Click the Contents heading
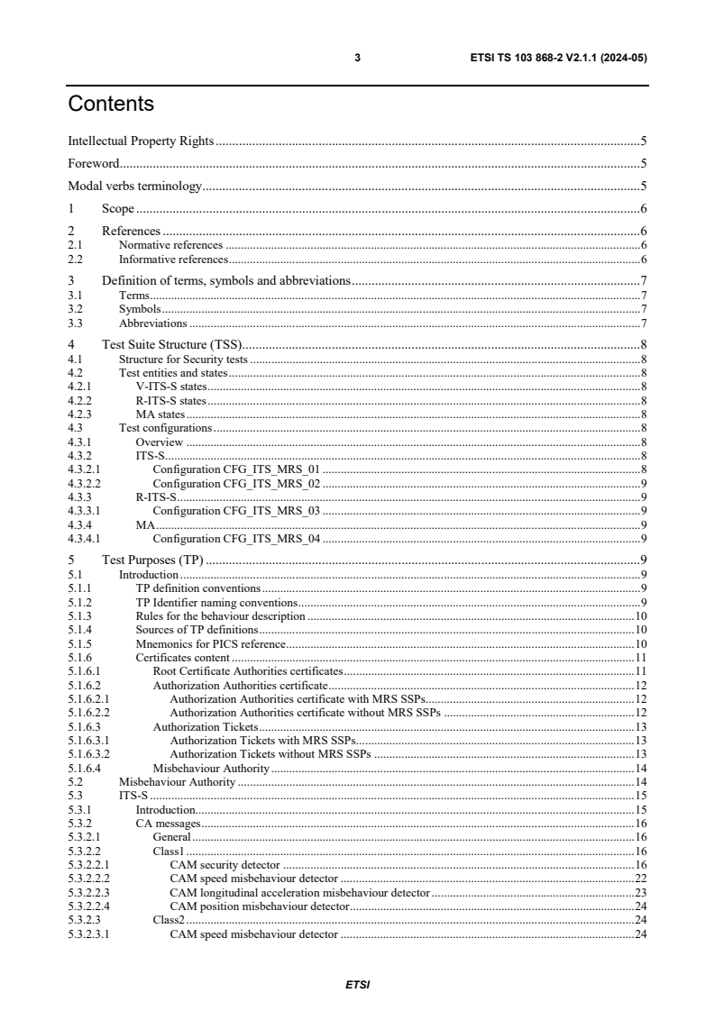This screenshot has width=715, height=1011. (x=111, y=105)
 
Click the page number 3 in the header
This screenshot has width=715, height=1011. (x=357, y=58)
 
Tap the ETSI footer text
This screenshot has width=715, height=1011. (x=357, y=985)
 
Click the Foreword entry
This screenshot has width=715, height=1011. (x=95, y=164)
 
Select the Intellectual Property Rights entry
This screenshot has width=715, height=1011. (x=141, y=141)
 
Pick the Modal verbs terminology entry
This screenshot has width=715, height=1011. (x=135, y=187)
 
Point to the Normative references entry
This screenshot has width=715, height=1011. (x=170, y=244)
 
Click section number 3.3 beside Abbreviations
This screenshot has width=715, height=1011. (x=76, y=323)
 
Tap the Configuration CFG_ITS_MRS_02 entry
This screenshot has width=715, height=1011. (x=237, y=483)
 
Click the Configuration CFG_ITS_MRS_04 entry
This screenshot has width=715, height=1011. (x=237, y=539)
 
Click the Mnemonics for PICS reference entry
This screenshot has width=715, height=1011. (x=210, y=643)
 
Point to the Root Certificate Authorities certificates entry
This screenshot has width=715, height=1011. (x=248, y=671)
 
